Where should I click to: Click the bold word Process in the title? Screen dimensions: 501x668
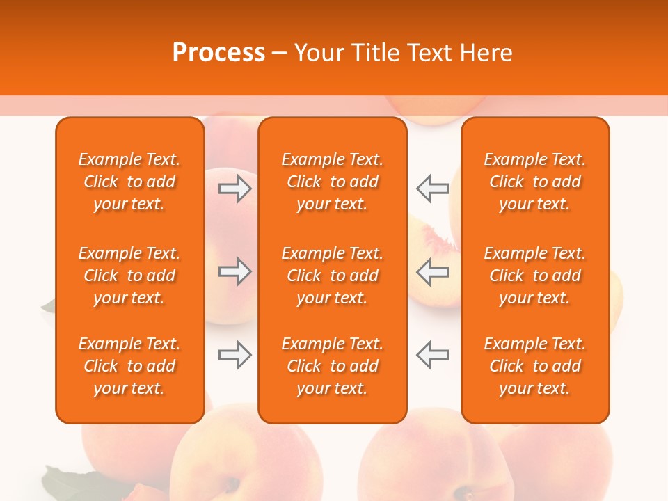point(218,53)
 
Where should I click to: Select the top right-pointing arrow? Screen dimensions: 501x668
point(234,188)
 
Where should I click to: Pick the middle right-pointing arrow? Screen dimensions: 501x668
point(234,271)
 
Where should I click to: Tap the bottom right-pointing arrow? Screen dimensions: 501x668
point(234,355)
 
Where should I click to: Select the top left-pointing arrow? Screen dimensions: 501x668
point(432,188)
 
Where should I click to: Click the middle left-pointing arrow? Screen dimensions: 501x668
point(432,271)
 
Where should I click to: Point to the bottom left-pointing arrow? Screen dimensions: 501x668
point(432,355)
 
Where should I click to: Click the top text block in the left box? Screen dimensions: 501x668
point(129,182)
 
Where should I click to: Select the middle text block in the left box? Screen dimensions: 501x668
point(129,276)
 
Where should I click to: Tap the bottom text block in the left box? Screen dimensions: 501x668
point(129,366)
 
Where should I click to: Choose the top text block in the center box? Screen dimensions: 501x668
point(332,182)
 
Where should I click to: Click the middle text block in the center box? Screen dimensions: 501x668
point(332,276)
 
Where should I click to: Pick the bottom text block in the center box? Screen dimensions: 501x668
point(332,366)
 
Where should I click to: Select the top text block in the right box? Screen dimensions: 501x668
point(535,182)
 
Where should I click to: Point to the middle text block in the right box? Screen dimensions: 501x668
point(535,276)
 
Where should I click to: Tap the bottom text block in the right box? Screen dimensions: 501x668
point(535,366)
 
